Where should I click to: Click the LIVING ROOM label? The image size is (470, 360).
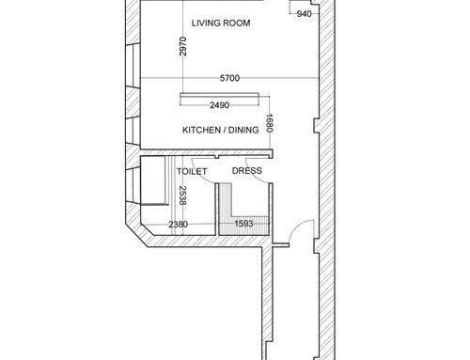pos(221,23)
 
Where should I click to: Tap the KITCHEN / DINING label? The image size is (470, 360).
pos(221,130)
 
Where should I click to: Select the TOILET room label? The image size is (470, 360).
pos(192,171)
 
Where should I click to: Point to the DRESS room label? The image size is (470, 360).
pos(247,171)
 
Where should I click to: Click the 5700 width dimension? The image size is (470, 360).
pos(229,78)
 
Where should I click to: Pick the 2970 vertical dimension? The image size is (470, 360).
pos(183,46)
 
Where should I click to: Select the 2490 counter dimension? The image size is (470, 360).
pos(219,105)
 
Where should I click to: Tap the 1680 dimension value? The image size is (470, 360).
pos(270,123)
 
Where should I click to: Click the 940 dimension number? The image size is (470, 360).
pos(304,14)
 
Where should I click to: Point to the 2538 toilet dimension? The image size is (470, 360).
pos(182,196)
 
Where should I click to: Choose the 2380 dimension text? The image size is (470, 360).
pos(179,225)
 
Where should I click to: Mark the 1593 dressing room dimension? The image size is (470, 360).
pos(243,224)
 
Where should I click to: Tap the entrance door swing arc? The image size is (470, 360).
pos(296,227)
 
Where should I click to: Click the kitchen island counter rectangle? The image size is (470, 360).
pos(219,99)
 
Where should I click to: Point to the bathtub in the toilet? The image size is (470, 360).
pos(153,180)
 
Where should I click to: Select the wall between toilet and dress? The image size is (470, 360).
pos(216,210)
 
